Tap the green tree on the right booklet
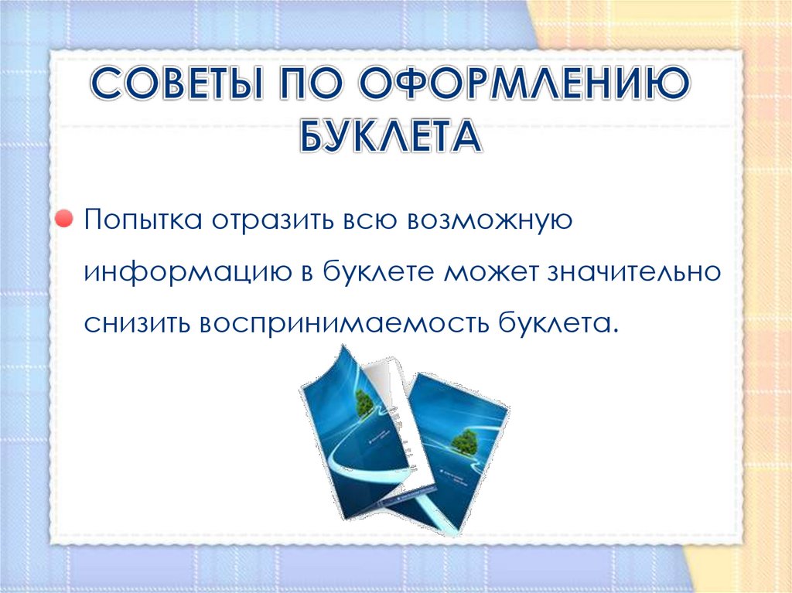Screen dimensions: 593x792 tap(464, 441)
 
